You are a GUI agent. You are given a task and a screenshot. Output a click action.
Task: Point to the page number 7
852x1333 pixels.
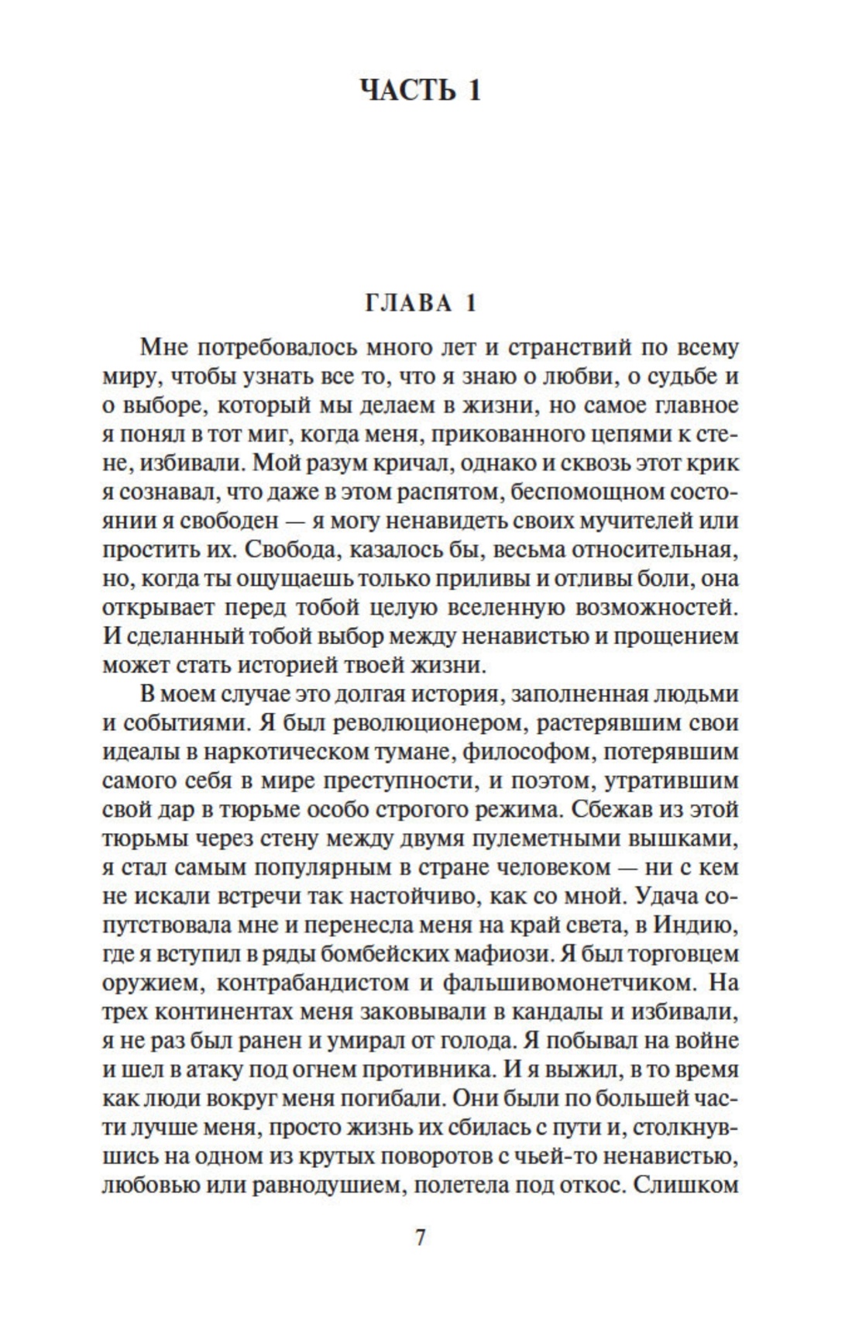[x=421, y=1238]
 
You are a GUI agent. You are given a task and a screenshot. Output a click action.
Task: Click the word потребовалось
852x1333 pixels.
[x=268, y=348]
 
